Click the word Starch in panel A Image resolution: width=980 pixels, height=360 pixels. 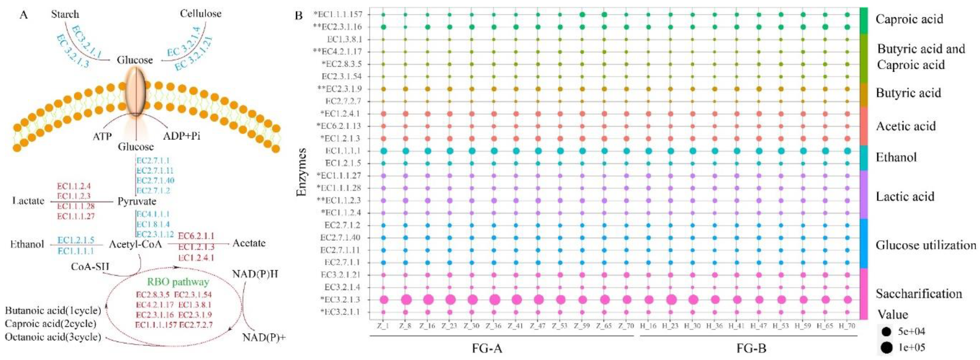65,14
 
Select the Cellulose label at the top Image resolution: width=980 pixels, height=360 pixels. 200,14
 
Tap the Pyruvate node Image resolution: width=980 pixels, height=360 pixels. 137,201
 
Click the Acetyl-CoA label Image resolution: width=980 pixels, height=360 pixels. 136,244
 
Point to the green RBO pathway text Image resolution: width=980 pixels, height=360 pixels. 178,282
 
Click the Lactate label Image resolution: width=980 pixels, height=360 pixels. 28,201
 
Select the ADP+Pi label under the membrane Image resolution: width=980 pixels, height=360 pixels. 182,136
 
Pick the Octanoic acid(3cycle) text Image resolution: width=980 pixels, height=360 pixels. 53,337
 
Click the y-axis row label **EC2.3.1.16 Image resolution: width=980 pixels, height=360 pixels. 337,27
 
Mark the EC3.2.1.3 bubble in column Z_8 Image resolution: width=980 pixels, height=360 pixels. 406,300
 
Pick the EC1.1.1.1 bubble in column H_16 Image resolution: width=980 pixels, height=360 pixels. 649,151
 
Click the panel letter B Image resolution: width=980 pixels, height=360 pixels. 299,16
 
